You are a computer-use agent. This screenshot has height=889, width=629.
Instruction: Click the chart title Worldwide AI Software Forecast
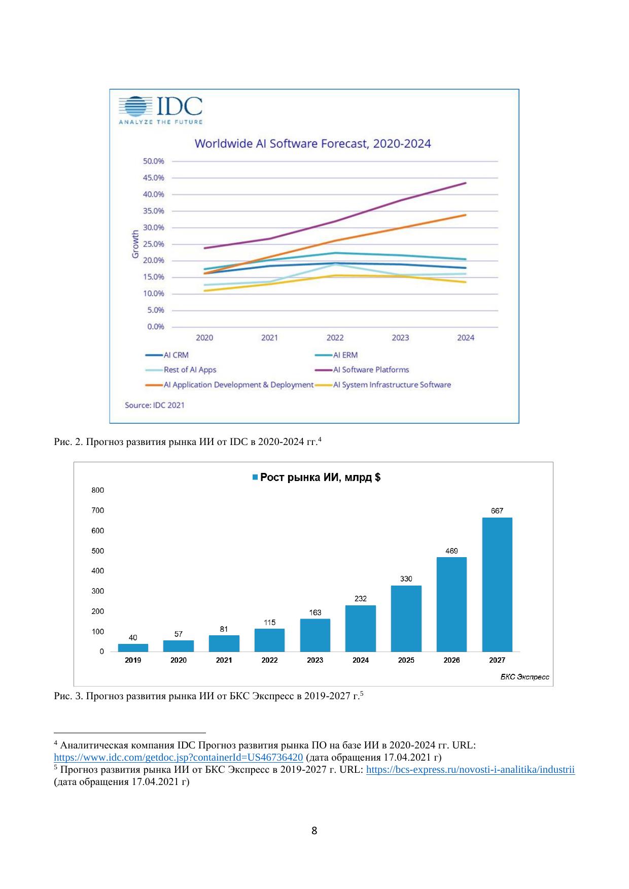(x=313, y=144)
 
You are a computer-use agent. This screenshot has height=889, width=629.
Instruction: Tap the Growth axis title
(x=135, y=244)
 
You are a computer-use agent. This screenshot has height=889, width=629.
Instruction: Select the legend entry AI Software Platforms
(x=371, y=370)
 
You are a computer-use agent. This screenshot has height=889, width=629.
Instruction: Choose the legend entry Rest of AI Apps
(x=190, y=370)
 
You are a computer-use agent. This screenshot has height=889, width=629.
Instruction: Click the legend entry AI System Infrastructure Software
(x=392, y=385)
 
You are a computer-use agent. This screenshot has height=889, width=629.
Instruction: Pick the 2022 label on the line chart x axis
(x=335, y=338)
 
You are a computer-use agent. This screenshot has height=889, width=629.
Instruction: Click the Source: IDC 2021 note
(x=155, y=405)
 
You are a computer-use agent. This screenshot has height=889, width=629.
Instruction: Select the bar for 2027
(x=497, y=584)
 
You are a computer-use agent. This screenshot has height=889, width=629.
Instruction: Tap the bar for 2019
(x=133, y=647)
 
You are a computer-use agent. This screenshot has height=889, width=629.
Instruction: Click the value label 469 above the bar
(x=451, y=551)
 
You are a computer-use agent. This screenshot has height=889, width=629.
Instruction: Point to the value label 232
(x=361, y=599)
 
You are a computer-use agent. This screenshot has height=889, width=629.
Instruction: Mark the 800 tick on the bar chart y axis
(x=98, y=490)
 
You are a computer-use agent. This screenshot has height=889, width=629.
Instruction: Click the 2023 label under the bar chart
(x=315, y=660)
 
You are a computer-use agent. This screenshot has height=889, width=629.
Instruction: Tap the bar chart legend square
(x=255, y=477)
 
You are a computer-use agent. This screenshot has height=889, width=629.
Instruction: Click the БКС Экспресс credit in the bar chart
(x=525, y=677)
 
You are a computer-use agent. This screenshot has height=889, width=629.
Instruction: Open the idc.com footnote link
(x=179, y=758)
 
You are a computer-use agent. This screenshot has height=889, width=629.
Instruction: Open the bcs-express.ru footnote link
(x=470, y=770)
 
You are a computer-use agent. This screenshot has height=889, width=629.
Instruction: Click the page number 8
(x=314, y=831)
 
